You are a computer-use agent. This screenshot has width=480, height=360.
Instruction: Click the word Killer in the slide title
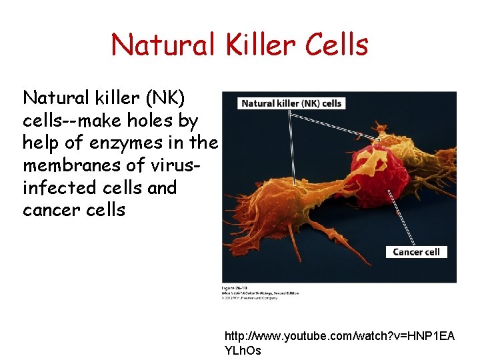[258, 45]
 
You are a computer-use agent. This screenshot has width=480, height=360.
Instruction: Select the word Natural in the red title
[161, 45]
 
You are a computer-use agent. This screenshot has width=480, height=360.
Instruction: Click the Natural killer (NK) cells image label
[291, 103]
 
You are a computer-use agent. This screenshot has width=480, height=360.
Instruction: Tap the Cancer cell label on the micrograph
[417, 251]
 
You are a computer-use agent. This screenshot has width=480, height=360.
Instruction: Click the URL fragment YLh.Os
[243, 351]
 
